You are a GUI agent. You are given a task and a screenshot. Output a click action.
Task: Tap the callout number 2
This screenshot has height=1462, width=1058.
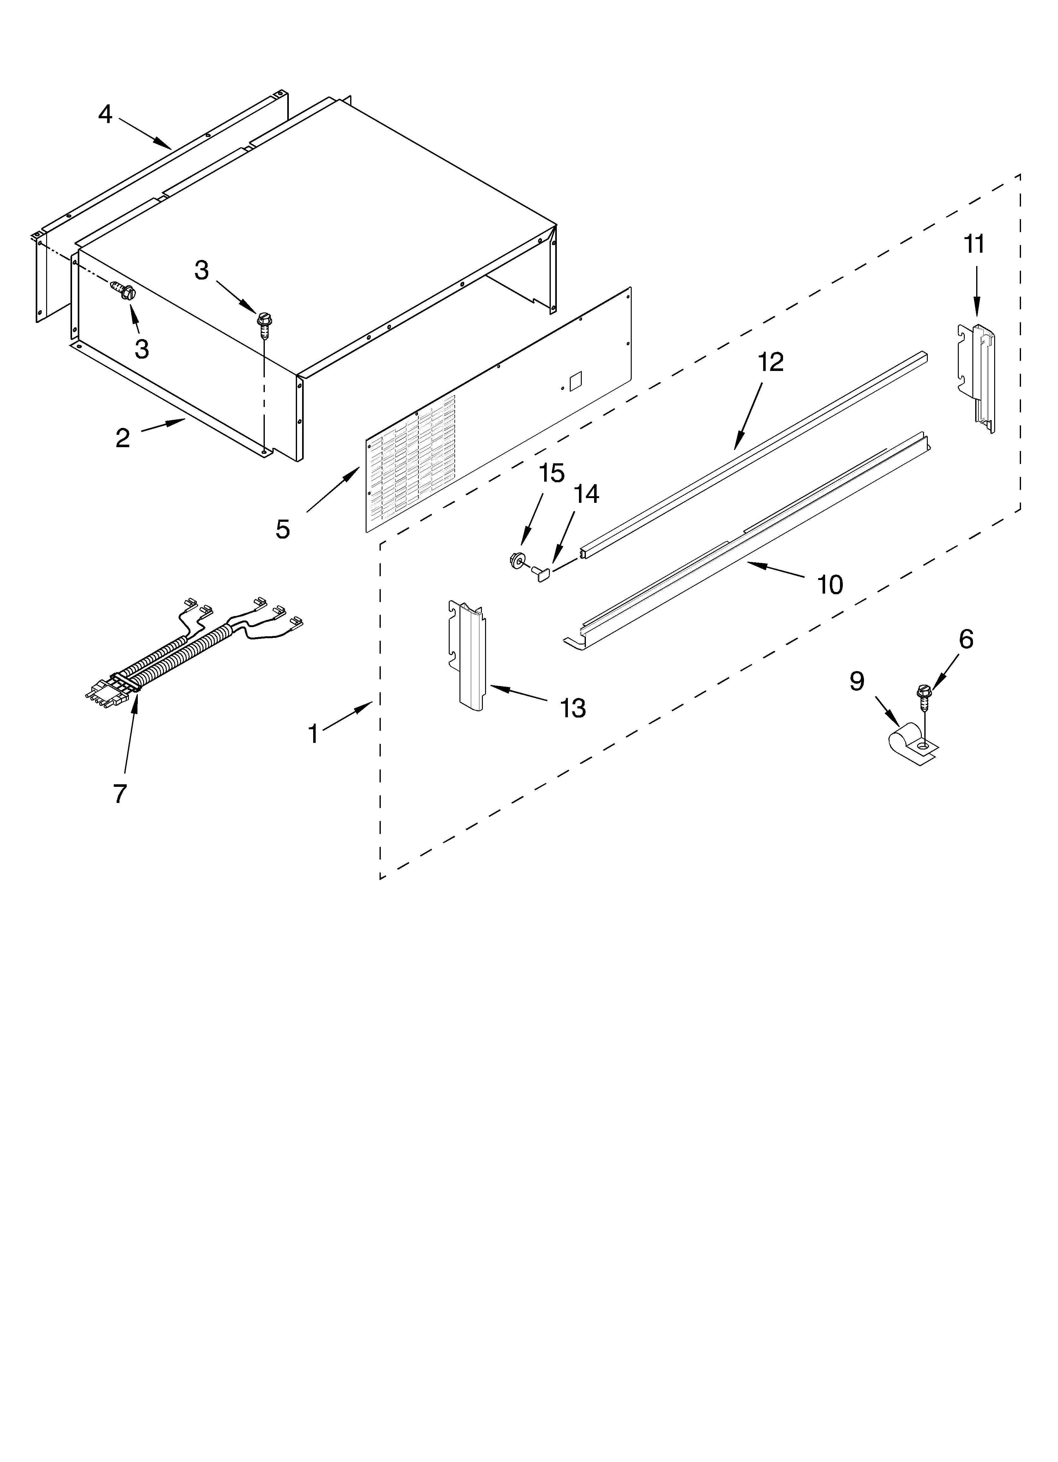tap(122, 438)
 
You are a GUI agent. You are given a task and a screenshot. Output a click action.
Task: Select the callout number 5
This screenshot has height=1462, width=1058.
tap(282, 529)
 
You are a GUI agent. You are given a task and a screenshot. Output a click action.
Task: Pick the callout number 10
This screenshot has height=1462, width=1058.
tap(830, 585)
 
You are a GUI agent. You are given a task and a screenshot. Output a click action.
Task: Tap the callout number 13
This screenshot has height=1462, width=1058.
tap(572, 708)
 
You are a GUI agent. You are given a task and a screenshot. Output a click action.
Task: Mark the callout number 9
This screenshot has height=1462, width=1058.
tap(856, 681)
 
